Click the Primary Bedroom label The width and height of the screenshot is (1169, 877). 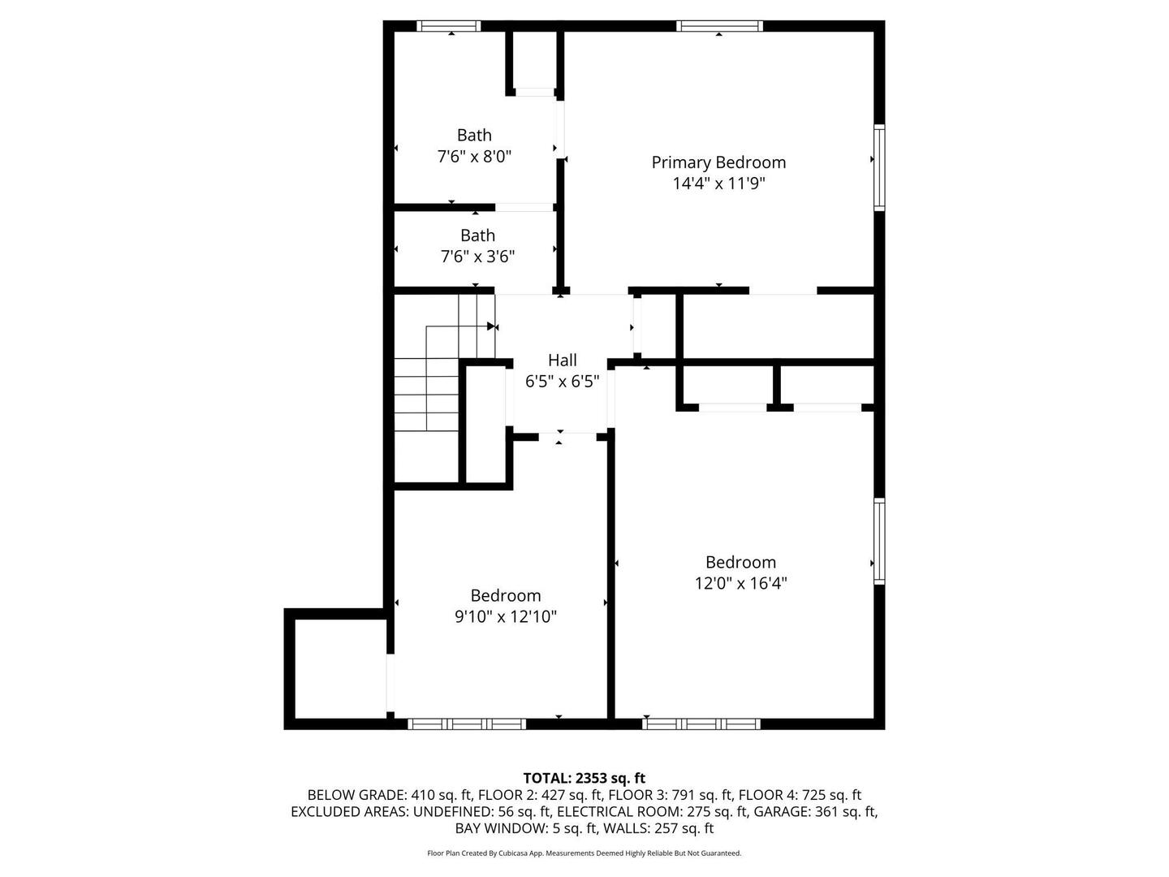click(x=718, y=163)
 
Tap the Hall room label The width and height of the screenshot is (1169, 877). click(x=563, y=361)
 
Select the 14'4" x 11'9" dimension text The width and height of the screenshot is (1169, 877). click(x=718, y=184)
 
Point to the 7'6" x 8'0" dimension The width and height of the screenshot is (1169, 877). click(x=474, y=157)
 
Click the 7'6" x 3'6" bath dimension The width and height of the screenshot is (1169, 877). click(x=477, y=257)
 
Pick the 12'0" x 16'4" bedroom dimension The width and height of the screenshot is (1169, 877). click(x=740, y=584)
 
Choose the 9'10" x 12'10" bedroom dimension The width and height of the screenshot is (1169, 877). click(x=506, y=616)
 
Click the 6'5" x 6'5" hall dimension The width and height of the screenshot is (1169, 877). click(x=563, y=382)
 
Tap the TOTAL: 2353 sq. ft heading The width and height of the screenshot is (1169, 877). click(x=584, y=779)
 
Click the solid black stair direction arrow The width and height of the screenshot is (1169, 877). click(x=491, y=326)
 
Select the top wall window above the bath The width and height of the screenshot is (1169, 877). click(x=448, y=25)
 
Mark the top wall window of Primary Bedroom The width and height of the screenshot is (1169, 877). click(x=719, y=25)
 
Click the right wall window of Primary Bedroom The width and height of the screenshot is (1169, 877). click(x=879, y=167)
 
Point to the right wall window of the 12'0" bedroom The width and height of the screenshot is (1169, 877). click(x=879, y=541)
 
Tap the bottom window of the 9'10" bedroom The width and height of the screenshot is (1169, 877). click(x=467, y=724)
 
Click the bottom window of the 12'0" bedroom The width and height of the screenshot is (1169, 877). click(x=701, y=724)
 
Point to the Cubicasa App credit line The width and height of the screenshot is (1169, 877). click(x=584, y=853)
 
